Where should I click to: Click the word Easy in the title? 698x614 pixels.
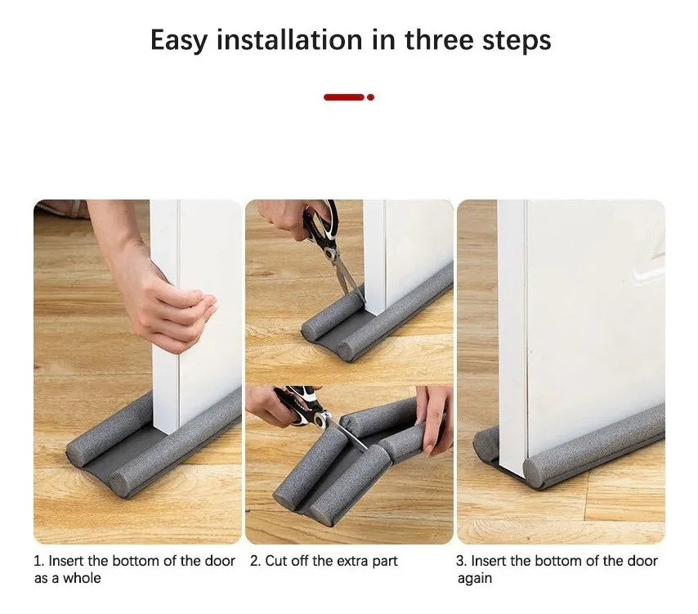tap(179, 41)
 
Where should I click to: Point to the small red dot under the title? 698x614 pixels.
tap(370, 97)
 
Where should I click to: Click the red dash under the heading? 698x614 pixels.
tap(343, 97)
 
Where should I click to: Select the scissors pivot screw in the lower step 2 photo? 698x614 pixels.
tap(320, 418)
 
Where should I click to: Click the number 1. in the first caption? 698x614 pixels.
tap(38, 561)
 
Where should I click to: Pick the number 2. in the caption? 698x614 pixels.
tap(255, 561)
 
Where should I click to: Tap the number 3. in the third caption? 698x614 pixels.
tap(461, 561)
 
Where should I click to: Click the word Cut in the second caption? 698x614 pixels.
tap(275, 561)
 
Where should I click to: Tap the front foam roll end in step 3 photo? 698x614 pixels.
tap(535, 473)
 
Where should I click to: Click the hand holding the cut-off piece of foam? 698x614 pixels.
tap(434, 419)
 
